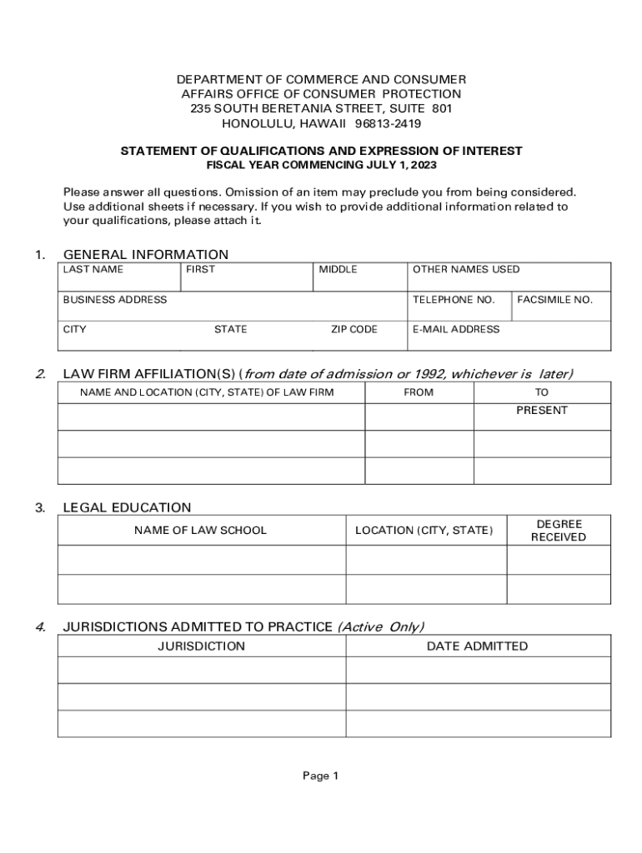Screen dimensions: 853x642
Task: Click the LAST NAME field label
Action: click(x=93, y=269)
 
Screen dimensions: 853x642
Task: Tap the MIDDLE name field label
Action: click(x=338, y=269)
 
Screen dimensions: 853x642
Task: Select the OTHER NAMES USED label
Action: click(x=466, y=269)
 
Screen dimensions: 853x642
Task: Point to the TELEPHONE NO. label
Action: click(x=454, y=299)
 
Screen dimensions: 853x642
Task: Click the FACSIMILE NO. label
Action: click(x=554, y=299)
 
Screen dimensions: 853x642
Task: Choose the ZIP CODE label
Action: click(x=354, y=329)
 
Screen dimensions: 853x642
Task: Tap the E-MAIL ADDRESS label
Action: click(x=456, y=329)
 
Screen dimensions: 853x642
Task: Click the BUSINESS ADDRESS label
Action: click(x=115, y=299)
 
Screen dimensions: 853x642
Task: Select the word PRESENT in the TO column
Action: click(x=542, y=410)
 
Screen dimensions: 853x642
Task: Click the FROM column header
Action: click(x=419, y=392)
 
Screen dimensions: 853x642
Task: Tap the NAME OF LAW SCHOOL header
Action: click(x=201, y=530)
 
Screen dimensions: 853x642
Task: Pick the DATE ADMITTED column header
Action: click(x=477, y=646)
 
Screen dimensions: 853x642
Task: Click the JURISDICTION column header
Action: click(x=202, y=646)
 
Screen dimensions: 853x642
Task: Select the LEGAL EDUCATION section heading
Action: click(x=128, y=507)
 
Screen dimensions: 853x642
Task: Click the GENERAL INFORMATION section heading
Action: click(x=146, y=254)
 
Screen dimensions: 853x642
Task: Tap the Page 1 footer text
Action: click(x=320, y=776)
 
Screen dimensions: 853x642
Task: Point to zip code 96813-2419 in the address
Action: click(x=388, y=123)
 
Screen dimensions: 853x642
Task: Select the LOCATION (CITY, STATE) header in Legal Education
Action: click(x=424, y=530)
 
